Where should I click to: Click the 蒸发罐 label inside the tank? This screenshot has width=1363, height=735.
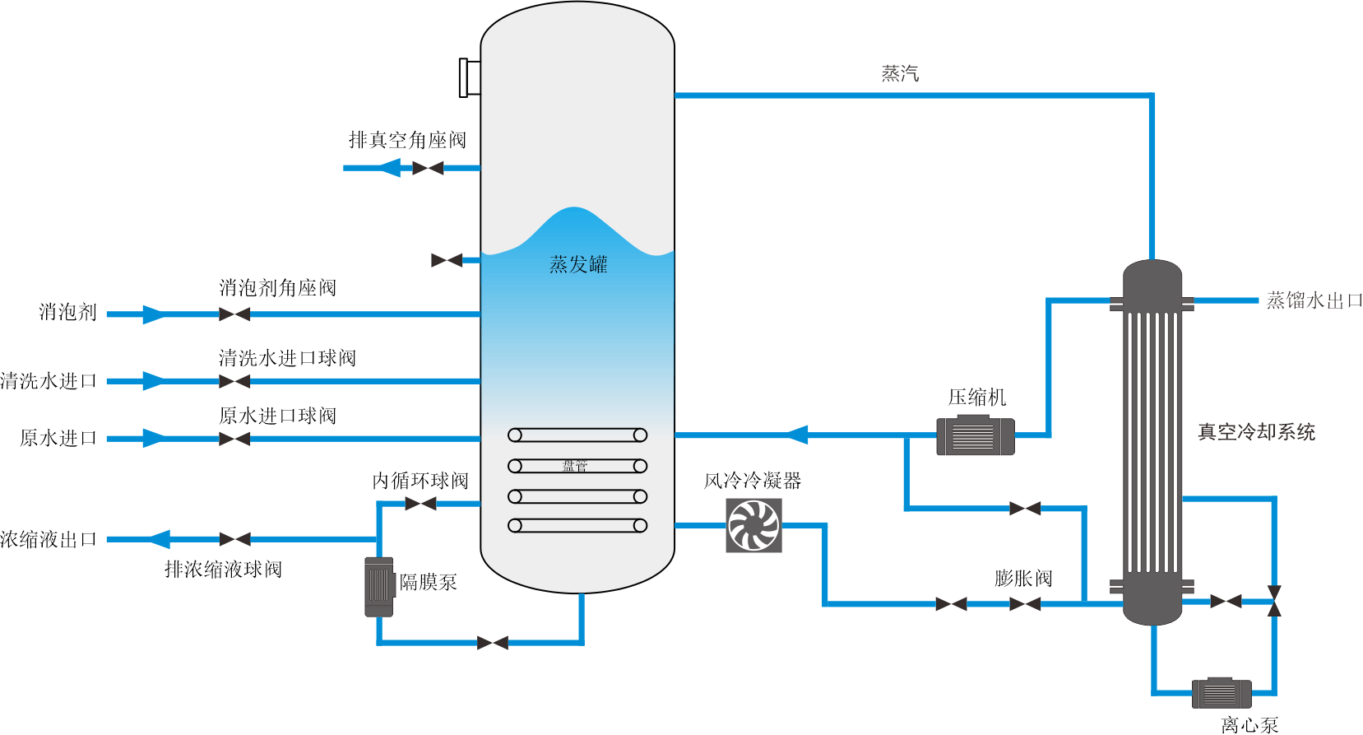578,264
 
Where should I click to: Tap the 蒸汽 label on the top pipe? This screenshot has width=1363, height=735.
900,74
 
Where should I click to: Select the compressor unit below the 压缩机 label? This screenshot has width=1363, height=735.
975,435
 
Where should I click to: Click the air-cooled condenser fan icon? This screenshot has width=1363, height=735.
753,525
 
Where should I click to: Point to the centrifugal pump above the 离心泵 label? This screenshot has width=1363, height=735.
1222,692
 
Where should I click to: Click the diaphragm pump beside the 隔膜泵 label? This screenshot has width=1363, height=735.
378,586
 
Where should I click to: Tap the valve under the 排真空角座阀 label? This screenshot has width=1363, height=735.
428,168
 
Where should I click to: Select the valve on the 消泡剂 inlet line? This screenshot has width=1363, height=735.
234,314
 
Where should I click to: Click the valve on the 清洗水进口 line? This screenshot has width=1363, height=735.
234,381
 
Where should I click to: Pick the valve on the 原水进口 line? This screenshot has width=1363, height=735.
234,439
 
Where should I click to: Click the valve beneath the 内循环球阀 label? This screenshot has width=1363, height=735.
420,503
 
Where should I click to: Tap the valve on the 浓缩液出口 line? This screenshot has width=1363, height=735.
234,539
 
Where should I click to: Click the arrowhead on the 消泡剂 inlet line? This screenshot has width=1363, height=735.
153,314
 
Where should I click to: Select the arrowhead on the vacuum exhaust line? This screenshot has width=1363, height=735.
390,168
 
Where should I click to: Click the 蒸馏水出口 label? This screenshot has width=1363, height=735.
1314,300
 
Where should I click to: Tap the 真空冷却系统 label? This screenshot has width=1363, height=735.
1256,432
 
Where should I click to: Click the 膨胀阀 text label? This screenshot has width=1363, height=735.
1022,579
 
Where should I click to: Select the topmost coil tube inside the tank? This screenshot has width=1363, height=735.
577,435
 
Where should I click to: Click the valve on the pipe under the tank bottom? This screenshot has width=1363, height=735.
493,643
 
